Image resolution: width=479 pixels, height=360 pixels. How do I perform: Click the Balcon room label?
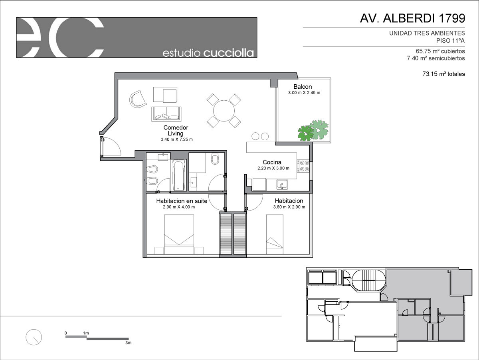pos(303,87)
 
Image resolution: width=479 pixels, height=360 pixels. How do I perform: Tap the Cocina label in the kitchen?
pos(272,162)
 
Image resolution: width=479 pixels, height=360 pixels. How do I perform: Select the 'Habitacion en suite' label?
pos(182,201)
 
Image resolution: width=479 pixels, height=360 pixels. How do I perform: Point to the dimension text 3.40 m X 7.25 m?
pos(177,139)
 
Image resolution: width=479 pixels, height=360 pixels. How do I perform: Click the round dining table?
pos(224,111)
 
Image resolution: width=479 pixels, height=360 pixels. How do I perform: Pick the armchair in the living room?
pos(138,99)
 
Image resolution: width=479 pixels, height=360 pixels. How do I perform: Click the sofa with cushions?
pos(166,114)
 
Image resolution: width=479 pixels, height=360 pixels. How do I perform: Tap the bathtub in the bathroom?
pos(179,175)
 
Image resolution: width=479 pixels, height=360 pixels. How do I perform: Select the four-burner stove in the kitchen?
pos(303,166)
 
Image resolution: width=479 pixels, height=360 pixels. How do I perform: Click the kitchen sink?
pos(282,185)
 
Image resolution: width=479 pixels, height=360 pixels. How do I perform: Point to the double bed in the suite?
pos(179,234)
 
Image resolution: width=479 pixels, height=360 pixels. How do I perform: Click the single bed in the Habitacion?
pos(275,234)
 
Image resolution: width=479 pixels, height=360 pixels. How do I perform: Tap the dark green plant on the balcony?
pos(305,133)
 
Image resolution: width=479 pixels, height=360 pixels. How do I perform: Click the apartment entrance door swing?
pos(111,146)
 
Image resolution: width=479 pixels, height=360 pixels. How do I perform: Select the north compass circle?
pos(34,337)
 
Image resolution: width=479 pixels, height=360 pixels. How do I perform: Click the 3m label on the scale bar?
pos(128,342)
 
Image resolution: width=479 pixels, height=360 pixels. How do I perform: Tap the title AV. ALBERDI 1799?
pos(412,18)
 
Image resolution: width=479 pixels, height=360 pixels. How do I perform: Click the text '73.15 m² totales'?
pos(443,74)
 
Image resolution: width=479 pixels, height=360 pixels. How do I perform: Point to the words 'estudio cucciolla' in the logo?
pos(208,53)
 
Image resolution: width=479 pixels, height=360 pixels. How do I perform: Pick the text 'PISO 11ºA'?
pos(450,41)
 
